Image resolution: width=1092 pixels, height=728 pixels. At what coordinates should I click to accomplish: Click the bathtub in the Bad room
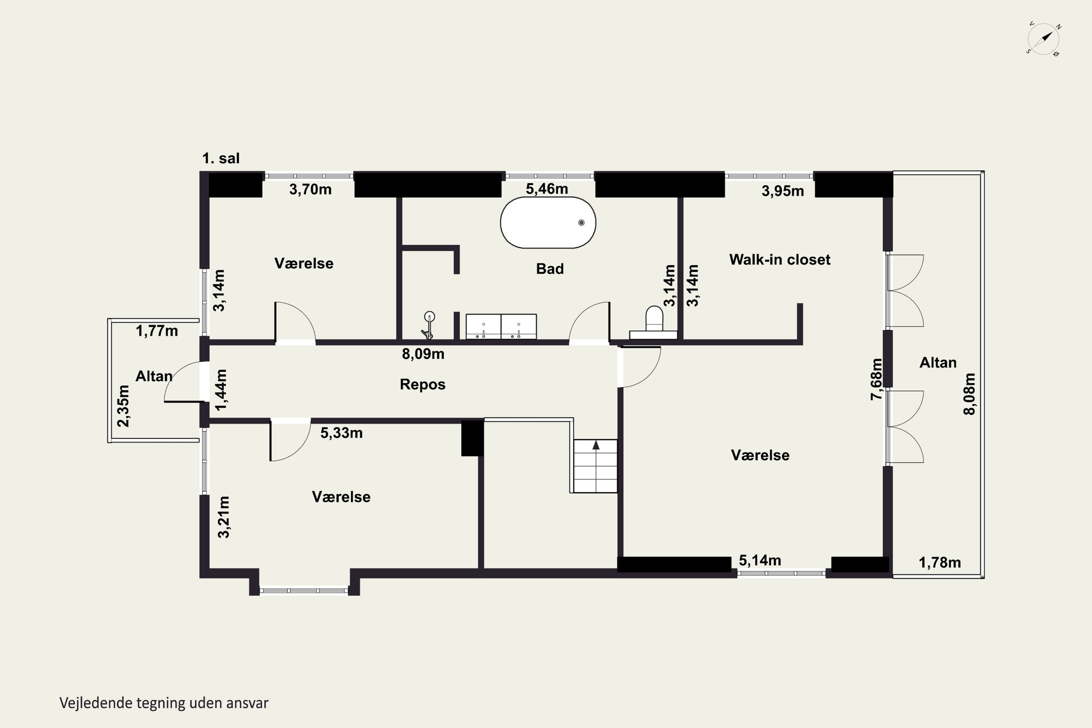pyautogui.click(x=548, y=223)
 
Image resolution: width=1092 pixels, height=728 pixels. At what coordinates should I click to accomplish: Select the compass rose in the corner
pyautogui.click(x=1043, y=39)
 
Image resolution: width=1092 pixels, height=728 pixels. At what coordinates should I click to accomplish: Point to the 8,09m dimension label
pyautogui.click(x=423, y=354)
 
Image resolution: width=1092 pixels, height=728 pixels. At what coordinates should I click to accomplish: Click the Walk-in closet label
pyautogui.click(x=780, y=260)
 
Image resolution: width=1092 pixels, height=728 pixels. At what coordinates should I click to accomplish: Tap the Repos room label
pyautogui.click(x=423, y=384)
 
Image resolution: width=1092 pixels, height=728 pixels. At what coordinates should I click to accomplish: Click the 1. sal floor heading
pyautogui.click(x=221, y=158)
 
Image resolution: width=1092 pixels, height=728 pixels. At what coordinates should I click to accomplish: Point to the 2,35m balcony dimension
pyautogui.click(x=123, y=406)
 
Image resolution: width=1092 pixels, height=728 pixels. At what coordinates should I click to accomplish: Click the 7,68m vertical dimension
pyautogui.click(x=876, y=379)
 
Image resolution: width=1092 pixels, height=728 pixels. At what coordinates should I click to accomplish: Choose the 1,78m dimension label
pyautogui.click(x=940, y=563)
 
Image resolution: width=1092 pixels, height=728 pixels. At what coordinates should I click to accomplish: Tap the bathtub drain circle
pyautogui.click(x=581, y=223)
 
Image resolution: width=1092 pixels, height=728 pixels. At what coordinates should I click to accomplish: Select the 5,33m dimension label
pyautogui.click(x=341, y=433)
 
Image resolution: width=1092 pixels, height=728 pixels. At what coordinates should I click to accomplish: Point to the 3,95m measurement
pyautogui.click(x=783, y=191)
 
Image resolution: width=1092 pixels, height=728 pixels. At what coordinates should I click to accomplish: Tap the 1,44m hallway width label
pyautogui.click(x=221, y=390)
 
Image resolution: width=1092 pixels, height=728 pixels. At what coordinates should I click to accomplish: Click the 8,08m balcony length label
pyautogui.click(x=969, y=394)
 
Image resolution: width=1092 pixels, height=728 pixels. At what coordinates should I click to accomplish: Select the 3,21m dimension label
pyautogui.click(x=224, y=517)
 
